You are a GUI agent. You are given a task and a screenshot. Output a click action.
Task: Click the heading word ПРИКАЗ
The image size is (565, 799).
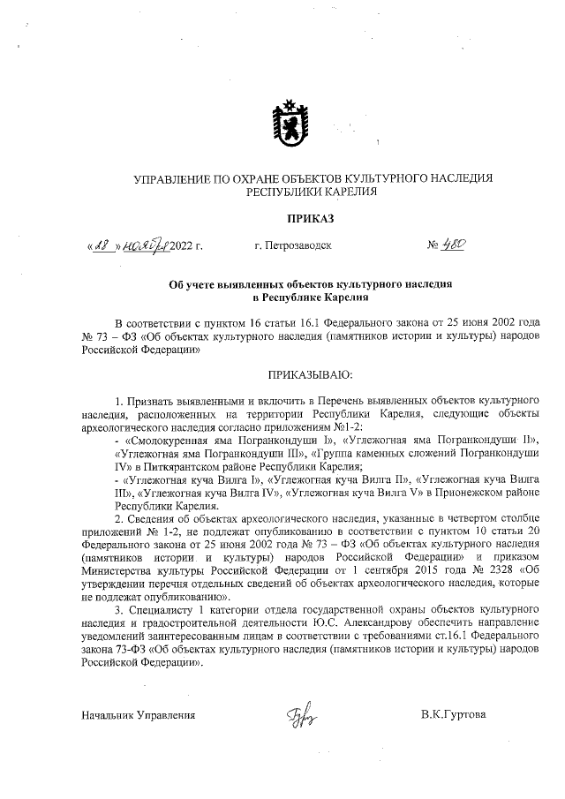[311, 216]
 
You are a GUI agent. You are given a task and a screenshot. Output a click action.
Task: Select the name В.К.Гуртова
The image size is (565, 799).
[454, 714]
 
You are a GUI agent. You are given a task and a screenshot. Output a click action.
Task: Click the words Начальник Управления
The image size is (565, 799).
[138, 714]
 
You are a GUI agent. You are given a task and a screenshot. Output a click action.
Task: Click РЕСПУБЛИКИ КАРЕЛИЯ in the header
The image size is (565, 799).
[312, 192]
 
